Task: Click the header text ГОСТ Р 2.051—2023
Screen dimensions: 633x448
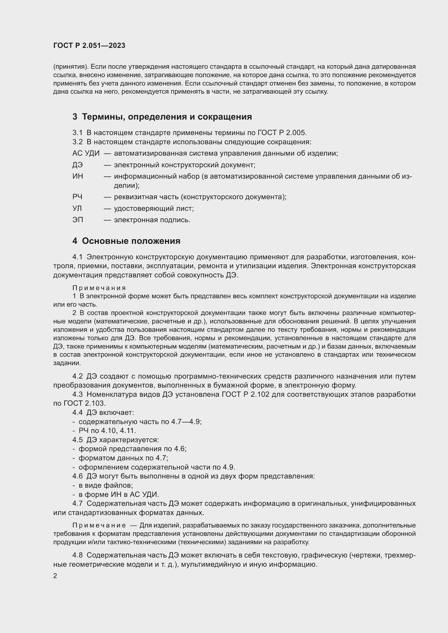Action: tap(89, 45)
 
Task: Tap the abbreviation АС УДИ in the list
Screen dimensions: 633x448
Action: tap(86, 153)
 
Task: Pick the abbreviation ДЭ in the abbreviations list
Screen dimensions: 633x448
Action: tap(77, 165)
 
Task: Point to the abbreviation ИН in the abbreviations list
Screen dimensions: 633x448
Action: tap(77, 176)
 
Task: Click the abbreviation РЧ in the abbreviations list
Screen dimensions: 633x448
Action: tap(77, 197)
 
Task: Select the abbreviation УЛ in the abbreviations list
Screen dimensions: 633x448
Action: tap(77, 208)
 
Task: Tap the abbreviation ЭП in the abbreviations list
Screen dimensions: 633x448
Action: tap(77, 220)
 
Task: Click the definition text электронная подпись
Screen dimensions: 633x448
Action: tap(152, 220)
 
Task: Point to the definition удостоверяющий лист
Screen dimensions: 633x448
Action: tap(154, 208)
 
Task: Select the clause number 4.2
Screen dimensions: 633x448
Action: tap(77, 376)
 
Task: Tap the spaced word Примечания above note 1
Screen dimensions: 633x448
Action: tap(99, 288)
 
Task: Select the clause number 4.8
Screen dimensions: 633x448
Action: tap(77, 555)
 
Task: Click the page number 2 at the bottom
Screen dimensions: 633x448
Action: tap(55, 576)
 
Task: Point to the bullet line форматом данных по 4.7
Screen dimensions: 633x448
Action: tap(123, 458)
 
